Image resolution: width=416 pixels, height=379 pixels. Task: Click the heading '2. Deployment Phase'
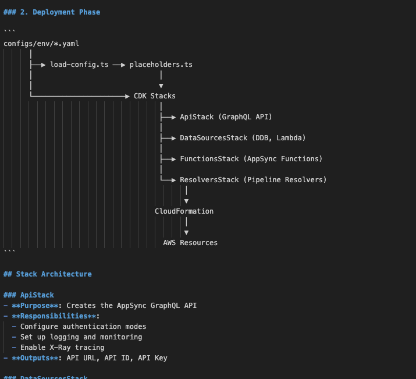point(61,12)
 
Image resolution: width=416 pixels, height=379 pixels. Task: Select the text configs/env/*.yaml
point(41,44)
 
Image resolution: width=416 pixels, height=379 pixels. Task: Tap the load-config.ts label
point(79,65)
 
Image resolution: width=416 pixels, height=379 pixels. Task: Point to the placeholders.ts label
point(161,65)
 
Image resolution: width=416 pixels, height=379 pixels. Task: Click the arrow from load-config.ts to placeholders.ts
point(119,65)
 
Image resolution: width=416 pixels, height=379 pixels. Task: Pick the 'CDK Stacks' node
point(155,96)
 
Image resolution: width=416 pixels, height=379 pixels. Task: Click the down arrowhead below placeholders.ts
point(161,86)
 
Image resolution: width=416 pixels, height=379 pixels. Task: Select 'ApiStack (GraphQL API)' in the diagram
point(226,117)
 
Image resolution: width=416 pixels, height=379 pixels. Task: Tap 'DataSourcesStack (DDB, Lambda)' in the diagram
point(243,138)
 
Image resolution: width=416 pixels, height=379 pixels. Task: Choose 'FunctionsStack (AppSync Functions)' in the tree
point(251,159)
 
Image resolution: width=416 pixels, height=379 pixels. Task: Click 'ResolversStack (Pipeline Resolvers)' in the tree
point(253,180)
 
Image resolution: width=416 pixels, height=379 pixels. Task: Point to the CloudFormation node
point(184,211)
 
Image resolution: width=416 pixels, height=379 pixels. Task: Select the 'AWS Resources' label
point(190,243)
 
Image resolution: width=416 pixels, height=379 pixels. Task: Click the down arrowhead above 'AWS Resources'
point(187,232)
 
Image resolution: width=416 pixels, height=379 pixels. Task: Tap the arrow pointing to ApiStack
point(168,117)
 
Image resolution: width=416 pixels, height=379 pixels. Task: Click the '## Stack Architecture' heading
point(48,274)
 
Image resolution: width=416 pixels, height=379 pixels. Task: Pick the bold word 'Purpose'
point(35,306)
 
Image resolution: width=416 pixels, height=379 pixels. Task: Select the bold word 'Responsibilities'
point(54,316)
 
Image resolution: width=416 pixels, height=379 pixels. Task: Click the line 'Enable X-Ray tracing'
point(62,348)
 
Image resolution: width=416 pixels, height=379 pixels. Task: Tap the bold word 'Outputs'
point(35,358)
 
